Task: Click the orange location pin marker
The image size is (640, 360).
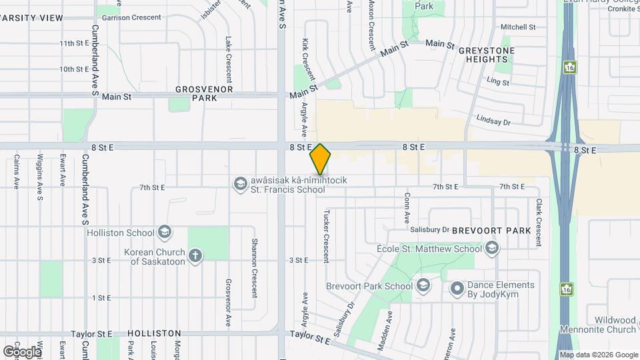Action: pos(321,159)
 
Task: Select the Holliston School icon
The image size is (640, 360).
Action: pos(164,232)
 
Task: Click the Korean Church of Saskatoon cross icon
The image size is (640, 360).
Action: pos(195,256)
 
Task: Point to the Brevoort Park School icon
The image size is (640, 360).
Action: pos(423,286)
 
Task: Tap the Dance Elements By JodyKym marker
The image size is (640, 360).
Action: pos(457,289)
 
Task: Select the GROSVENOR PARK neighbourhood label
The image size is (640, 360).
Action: pos(196,93)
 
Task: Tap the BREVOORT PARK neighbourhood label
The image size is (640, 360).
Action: pos(491,231)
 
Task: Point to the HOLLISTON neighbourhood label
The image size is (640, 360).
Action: pos(154,333)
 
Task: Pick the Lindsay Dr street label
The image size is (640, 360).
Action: pos(493,121)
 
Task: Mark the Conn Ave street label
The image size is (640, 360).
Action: pos(406,208)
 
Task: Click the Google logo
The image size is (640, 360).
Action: pos(22,351)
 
